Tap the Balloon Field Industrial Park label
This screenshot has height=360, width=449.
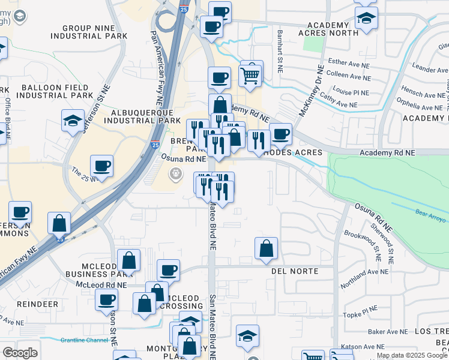pos(56,91)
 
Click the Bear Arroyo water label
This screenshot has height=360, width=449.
pos(430,215)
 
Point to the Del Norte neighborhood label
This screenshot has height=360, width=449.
pos(294,271)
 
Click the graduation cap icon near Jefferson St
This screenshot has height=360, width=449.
pos(73,122)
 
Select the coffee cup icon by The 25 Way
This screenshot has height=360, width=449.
pos(101,166)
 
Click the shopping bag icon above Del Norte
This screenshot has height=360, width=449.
pos(266,248)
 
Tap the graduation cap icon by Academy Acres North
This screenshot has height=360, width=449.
pos(366,19)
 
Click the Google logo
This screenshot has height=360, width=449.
pos(20,353)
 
